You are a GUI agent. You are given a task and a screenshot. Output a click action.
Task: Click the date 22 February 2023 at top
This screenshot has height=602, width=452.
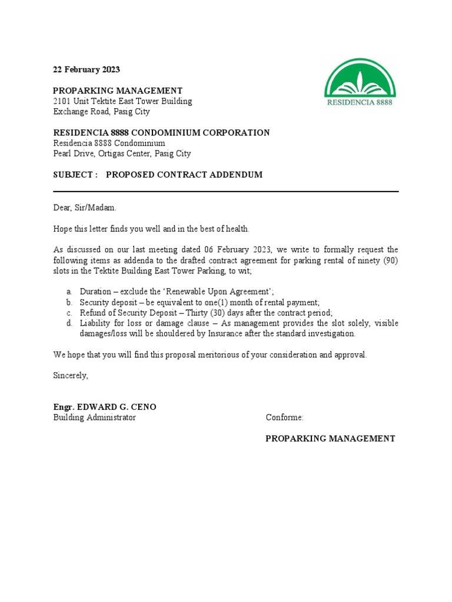click(x=86, y=69)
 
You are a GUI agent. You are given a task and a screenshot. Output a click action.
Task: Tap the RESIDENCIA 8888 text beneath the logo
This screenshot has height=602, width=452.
click(x=360, y=102)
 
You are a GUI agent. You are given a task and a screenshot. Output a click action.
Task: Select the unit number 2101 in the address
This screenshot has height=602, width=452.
click(x=62, y=101)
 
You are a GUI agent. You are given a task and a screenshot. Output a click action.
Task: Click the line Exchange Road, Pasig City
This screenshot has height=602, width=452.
click(x=101, y=112)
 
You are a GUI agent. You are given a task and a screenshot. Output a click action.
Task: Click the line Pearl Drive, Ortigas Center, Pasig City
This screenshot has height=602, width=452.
click(x=122, y=154)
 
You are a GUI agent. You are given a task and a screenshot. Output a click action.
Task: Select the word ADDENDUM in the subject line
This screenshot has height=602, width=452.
click(x=235, y=175)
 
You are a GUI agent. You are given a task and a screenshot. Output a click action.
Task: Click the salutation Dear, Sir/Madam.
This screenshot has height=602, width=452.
click(x=85, y=208)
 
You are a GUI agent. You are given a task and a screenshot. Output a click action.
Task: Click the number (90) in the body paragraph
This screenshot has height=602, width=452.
click(x=390, y=260)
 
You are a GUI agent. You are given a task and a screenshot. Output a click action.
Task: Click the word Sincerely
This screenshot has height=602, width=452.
click(x=71, y=375)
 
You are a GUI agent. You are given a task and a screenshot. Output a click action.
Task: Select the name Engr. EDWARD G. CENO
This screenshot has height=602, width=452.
click(x=105, y=407)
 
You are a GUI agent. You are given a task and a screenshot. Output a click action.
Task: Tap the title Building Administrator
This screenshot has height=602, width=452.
click(x=94, y=417)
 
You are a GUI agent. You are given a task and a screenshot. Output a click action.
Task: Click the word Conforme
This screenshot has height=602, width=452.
click(x=284, y=417)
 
